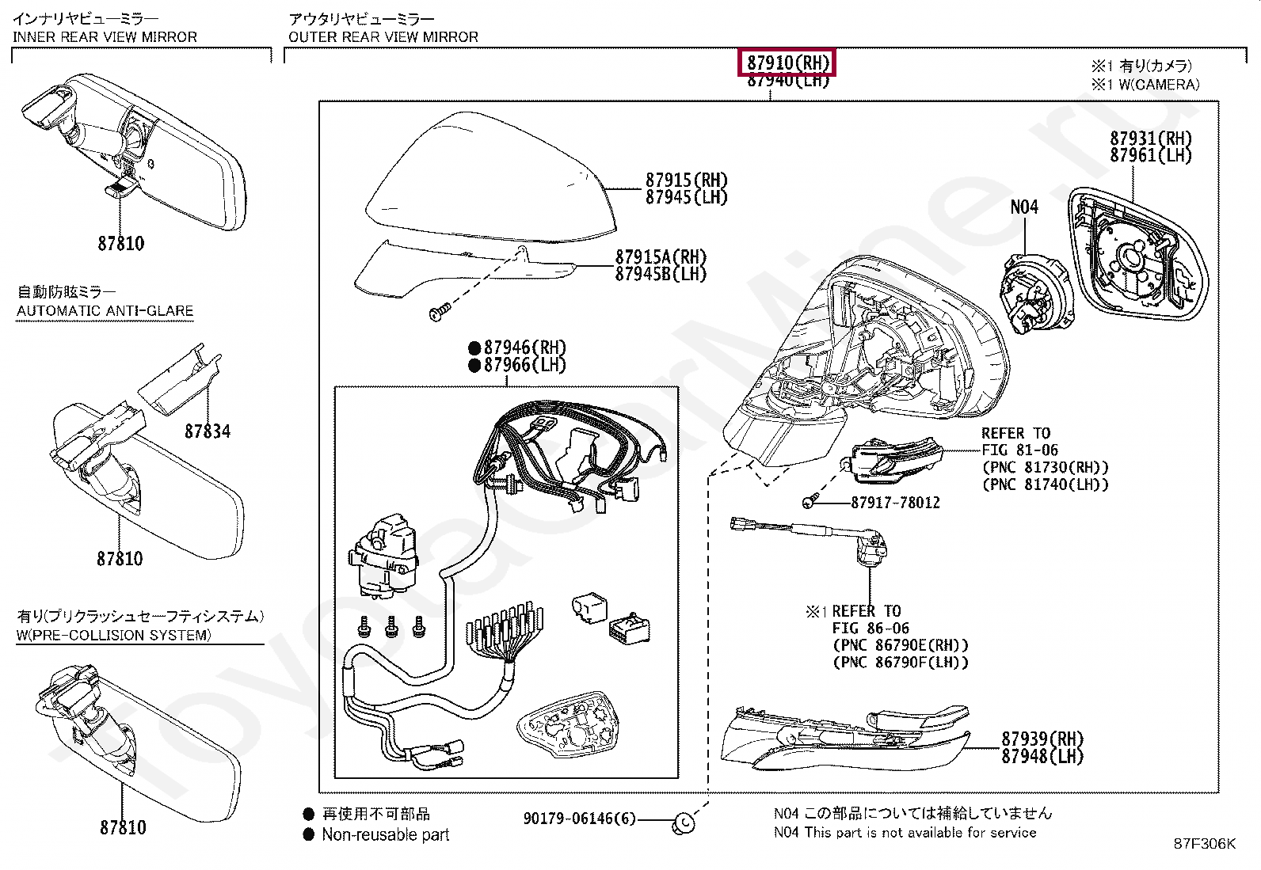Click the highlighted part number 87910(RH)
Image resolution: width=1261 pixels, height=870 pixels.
tap(787, 63)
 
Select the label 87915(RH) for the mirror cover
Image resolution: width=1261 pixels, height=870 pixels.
tap(686, 180)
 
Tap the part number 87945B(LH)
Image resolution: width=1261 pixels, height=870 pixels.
tap(661, 275)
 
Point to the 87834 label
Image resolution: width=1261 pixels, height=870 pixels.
tap(208, 431)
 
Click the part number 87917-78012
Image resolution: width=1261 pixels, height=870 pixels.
tap(895, 503)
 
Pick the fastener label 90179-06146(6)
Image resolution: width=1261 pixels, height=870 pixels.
tap(579, 819)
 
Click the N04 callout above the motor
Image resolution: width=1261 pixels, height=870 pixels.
tap(1023, 207)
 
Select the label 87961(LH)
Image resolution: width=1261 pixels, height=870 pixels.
tap(1150, 156)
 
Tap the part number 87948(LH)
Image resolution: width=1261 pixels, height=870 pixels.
tap(1042, 757)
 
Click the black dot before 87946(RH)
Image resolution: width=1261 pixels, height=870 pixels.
tap(474, 348)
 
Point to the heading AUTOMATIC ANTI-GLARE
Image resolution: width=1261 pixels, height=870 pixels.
tap(105, 311)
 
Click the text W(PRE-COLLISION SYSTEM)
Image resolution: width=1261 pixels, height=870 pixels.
tap(113, 635)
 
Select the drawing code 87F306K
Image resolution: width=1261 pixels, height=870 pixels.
tap(1204, 844)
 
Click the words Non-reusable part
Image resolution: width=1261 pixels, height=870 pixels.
tap(385, 834)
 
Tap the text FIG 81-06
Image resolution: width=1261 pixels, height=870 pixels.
tap(1019, 450)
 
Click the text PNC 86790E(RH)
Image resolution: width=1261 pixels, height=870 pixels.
tap(901, 645)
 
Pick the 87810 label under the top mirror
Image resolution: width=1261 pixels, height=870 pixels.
tap(121, 244)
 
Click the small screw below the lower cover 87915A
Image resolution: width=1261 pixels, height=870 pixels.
tap(438, 313)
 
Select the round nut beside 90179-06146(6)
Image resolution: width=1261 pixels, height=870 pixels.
tap(683, 823)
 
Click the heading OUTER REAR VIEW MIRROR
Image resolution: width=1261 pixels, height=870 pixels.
tap(383, 37)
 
